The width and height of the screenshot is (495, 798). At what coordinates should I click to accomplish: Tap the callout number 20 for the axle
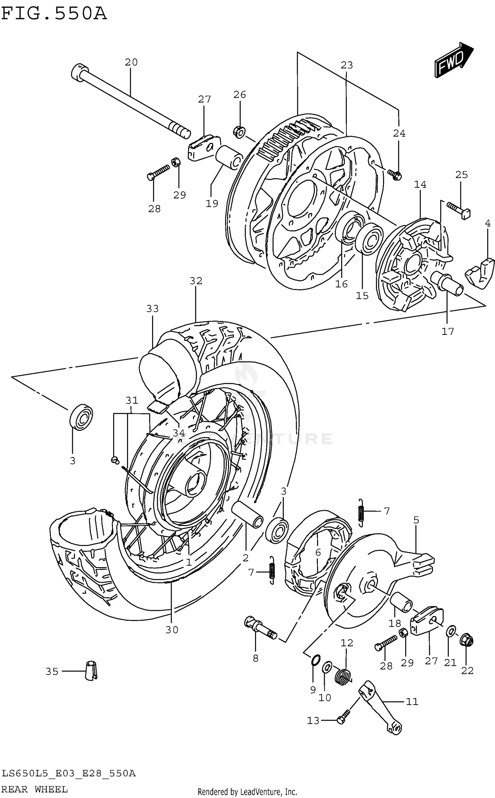(x=131, y=62)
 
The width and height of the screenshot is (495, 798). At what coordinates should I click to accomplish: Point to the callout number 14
(x=420, y=185)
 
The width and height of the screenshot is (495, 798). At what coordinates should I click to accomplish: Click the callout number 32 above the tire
(x=196, y=281)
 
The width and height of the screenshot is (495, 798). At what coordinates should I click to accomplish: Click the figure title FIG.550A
(x=54, y=14)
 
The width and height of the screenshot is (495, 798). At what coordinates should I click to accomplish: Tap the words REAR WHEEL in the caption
(x=35, y=789)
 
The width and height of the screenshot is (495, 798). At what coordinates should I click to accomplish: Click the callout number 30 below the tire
(x=172, y=630)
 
